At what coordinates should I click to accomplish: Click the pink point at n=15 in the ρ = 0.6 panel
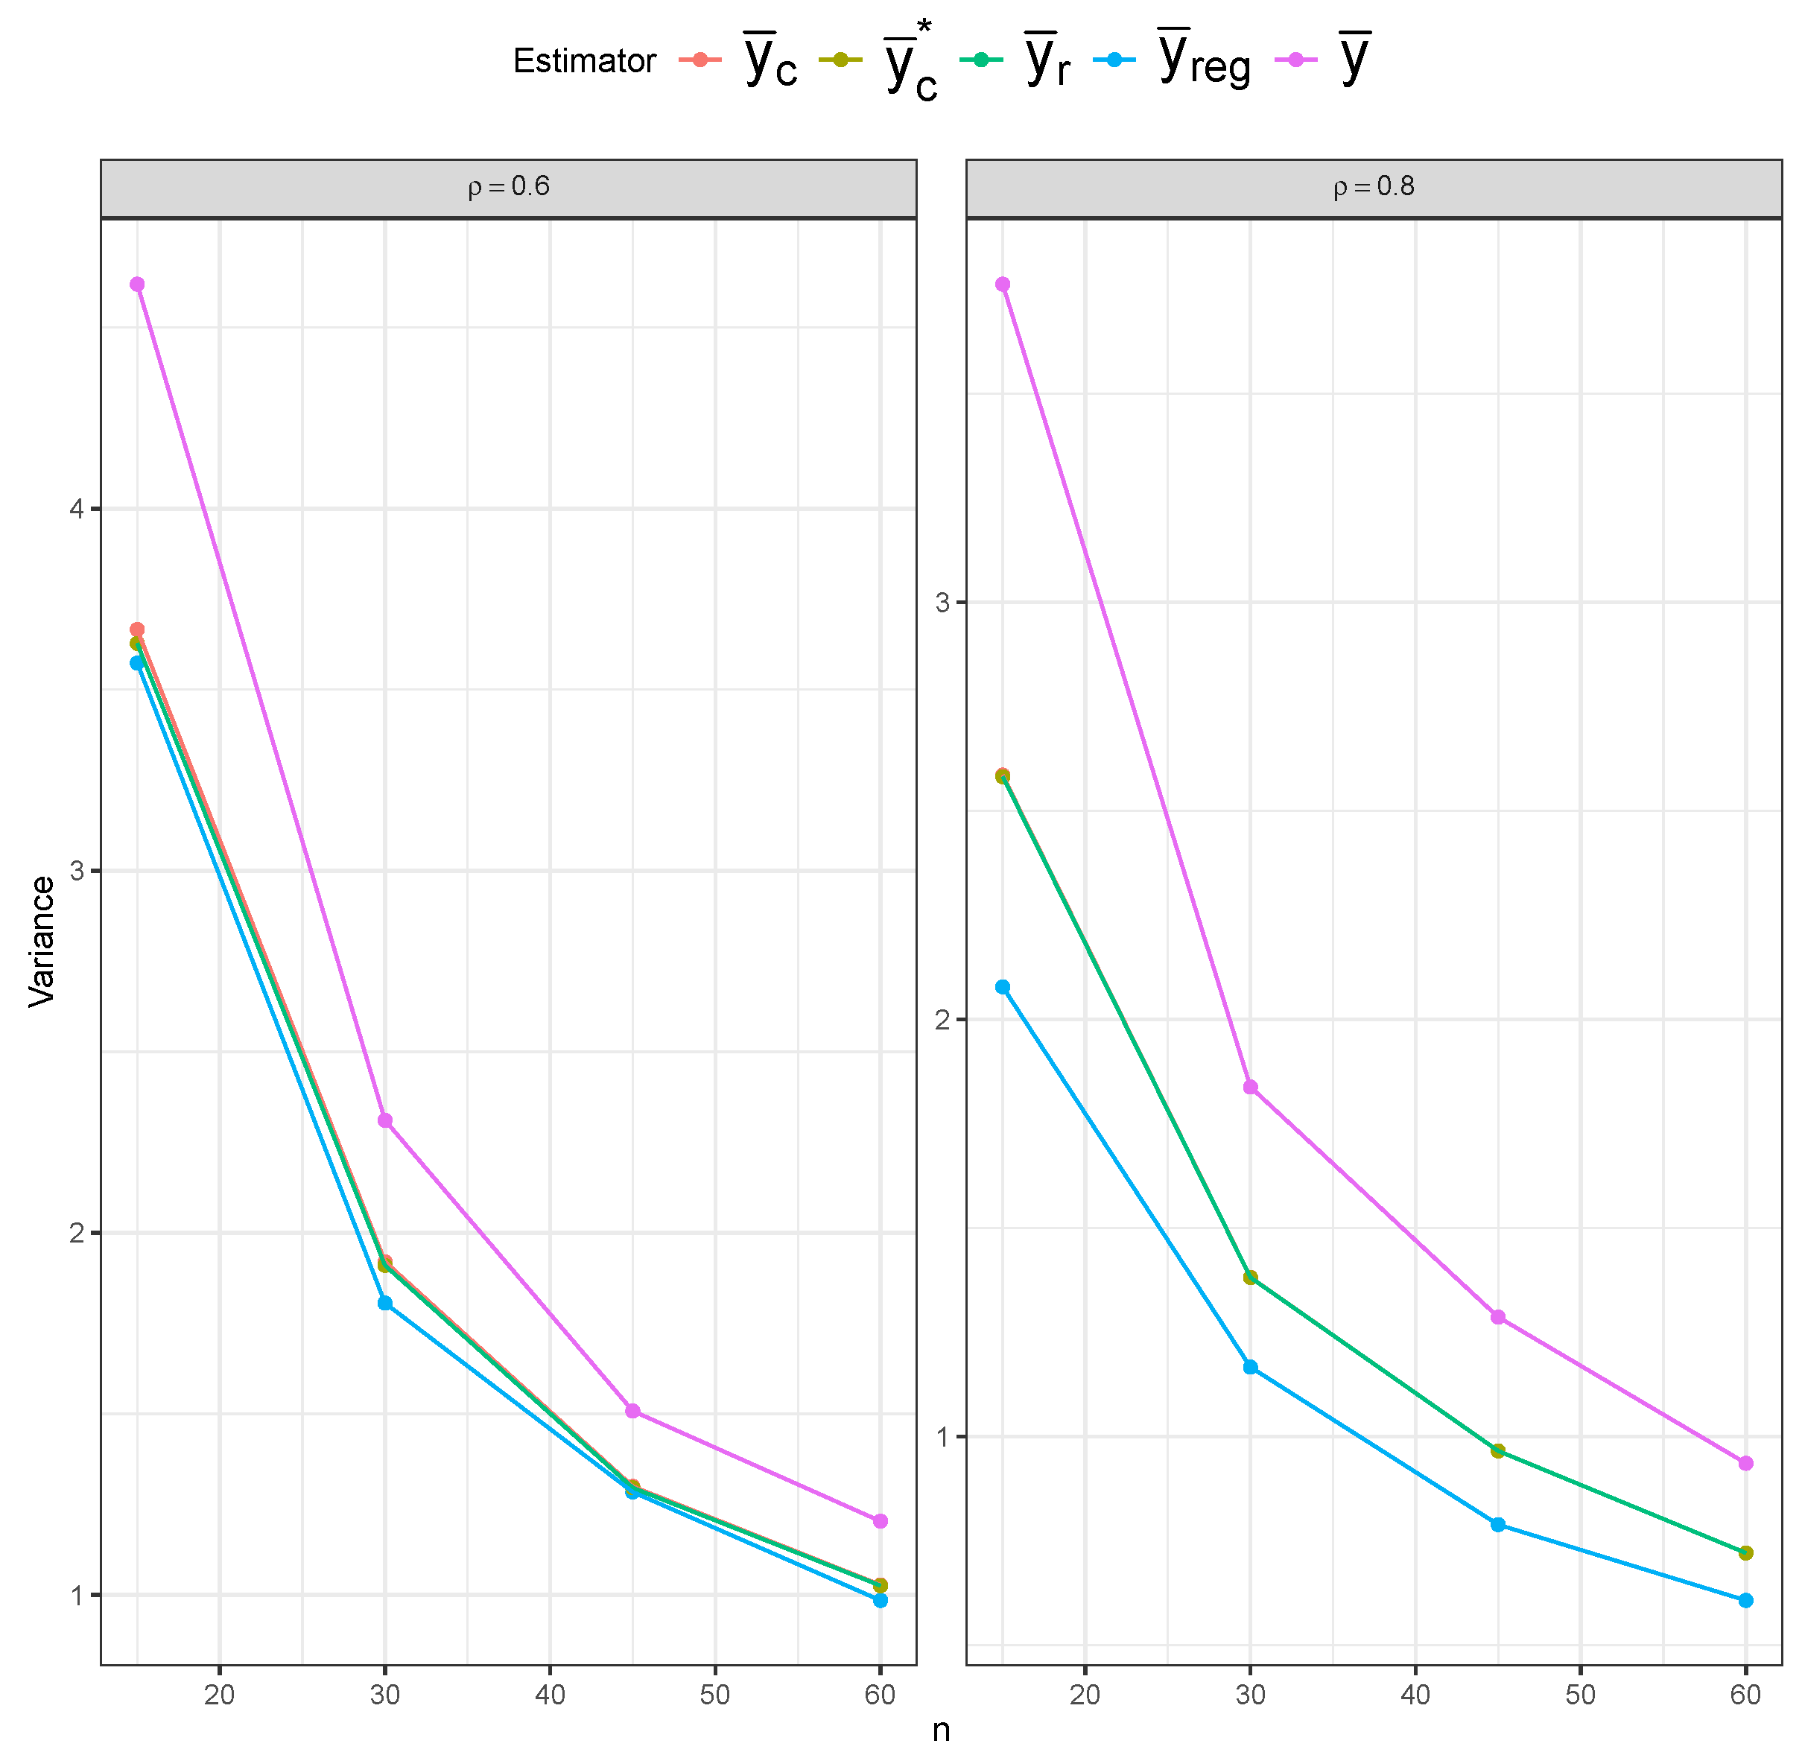coord(138,285)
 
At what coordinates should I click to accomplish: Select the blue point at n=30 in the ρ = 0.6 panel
coord(385,1303)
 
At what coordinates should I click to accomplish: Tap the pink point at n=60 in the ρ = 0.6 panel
coord(880,1520)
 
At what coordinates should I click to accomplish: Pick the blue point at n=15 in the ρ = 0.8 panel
coord(1003,987)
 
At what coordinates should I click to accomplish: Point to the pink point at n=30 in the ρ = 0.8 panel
coord(1250,1087)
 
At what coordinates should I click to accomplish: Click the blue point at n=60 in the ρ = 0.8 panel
coord(1745,1600)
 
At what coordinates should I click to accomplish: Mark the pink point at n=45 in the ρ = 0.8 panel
coord(1497,1317)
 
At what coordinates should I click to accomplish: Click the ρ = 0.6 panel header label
coord(509,188)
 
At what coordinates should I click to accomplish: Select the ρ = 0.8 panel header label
coord(1374,188)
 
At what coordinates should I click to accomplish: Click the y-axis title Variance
coord(42,941)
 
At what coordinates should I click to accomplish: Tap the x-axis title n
coord(941,1730)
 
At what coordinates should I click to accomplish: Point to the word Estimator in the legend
coord(583,62)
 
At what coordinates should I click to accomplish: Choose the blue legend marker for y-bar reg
coord(1114,60)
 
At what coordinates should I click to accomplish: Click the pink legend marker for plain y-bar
coord(1296,60)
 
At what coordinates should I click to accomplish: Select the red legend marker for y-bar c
coord(699,60)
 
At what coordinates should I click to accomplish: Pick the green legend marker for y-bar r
coord(980,60)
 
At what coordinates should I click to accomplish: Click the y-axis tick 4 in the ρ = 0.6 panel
coord(77,509)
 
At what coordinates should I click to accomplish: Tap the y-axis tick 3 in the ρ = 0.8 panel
coord(942,603)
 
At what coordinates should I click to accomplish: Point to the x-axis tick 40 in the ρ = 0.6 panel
coord(551,1694)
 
